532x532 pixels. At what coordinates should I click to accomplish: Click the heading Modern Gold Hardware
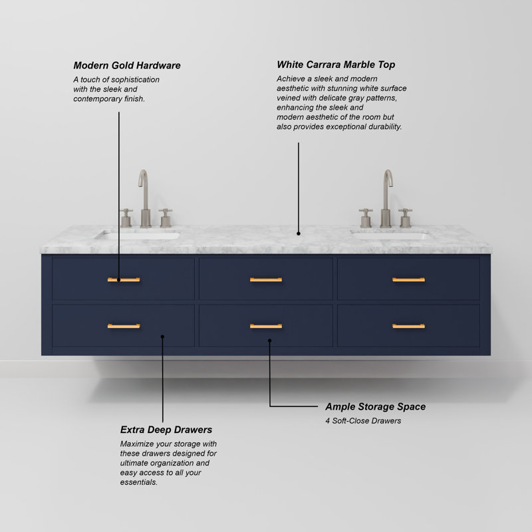coord(127,65)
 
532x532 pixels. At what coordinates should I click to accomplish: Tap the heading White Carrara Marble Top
coord(336,65)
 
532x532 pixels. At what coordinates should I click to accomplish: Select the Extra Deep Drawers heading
coord(166,430)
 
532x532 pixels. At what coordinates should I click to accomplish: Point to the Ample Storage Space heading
coord(375,406)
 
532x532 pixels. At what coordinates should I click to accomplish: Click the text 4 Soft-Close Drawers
coord(363,421)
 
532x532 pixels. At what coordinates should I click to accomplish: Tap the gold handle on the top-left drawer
coord(124,279)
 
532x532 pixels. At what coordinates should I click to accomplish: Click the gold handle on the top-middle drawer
coord(266,279)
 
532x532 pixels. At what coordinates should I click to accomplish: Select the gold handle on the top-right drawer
coord(408,279)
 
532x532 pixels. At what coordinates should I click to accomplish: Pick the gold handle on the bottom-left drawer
coord(124,326)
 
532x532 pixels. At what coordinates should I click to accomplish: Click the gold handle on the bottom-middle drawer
coord(266,326)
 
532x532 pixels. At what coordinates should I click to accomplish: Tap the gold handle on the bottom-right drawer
coord(408,326)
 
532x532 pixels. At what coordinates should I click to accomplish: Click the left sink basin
coord(138,235)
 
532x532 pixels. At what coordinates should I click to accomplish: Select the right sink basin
coord(391,235)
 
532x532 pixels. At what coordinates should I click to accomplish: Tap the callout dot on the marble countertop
coord(299,233)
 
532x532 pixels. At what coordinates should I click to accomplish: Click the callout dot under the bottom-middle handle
coord(270,340)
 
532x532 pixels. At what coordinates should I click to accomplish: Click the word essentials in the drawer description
coord(138,482)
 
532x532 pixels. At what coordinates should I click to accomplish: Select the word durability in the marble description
coord(385,126)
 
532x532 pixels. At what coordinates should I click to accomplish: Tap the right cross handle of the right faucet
coord(405,218)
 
